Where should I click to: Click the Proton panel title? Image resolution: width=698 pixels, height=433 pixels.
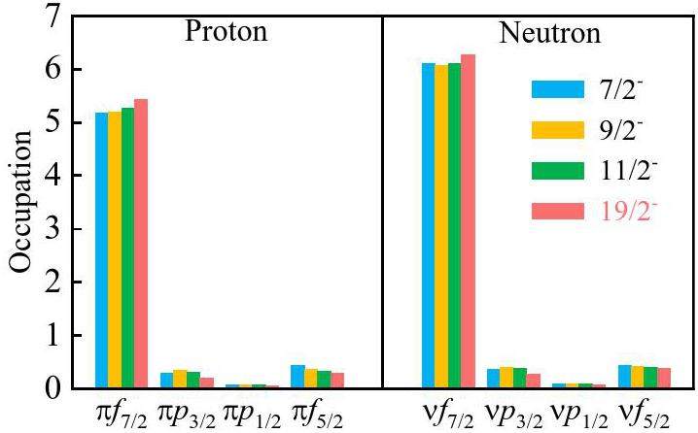[x=227, y=32]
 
